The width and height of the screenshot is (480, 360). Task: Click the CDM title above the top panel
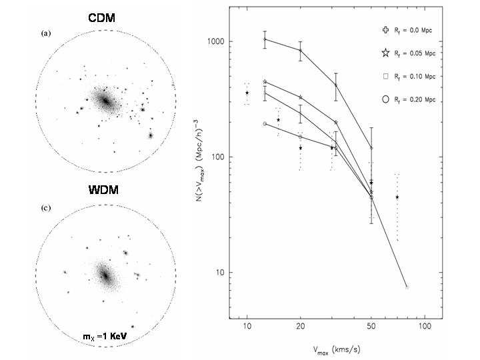(x=101, y=18)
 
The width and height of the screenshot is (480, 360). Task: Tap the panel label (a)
(x=45, y=33)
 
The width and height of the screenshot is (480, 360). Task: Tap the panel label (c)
(x=45, y=208)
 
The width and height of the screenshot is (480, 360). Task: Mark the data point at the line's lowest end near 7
(x=407, y=287)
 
